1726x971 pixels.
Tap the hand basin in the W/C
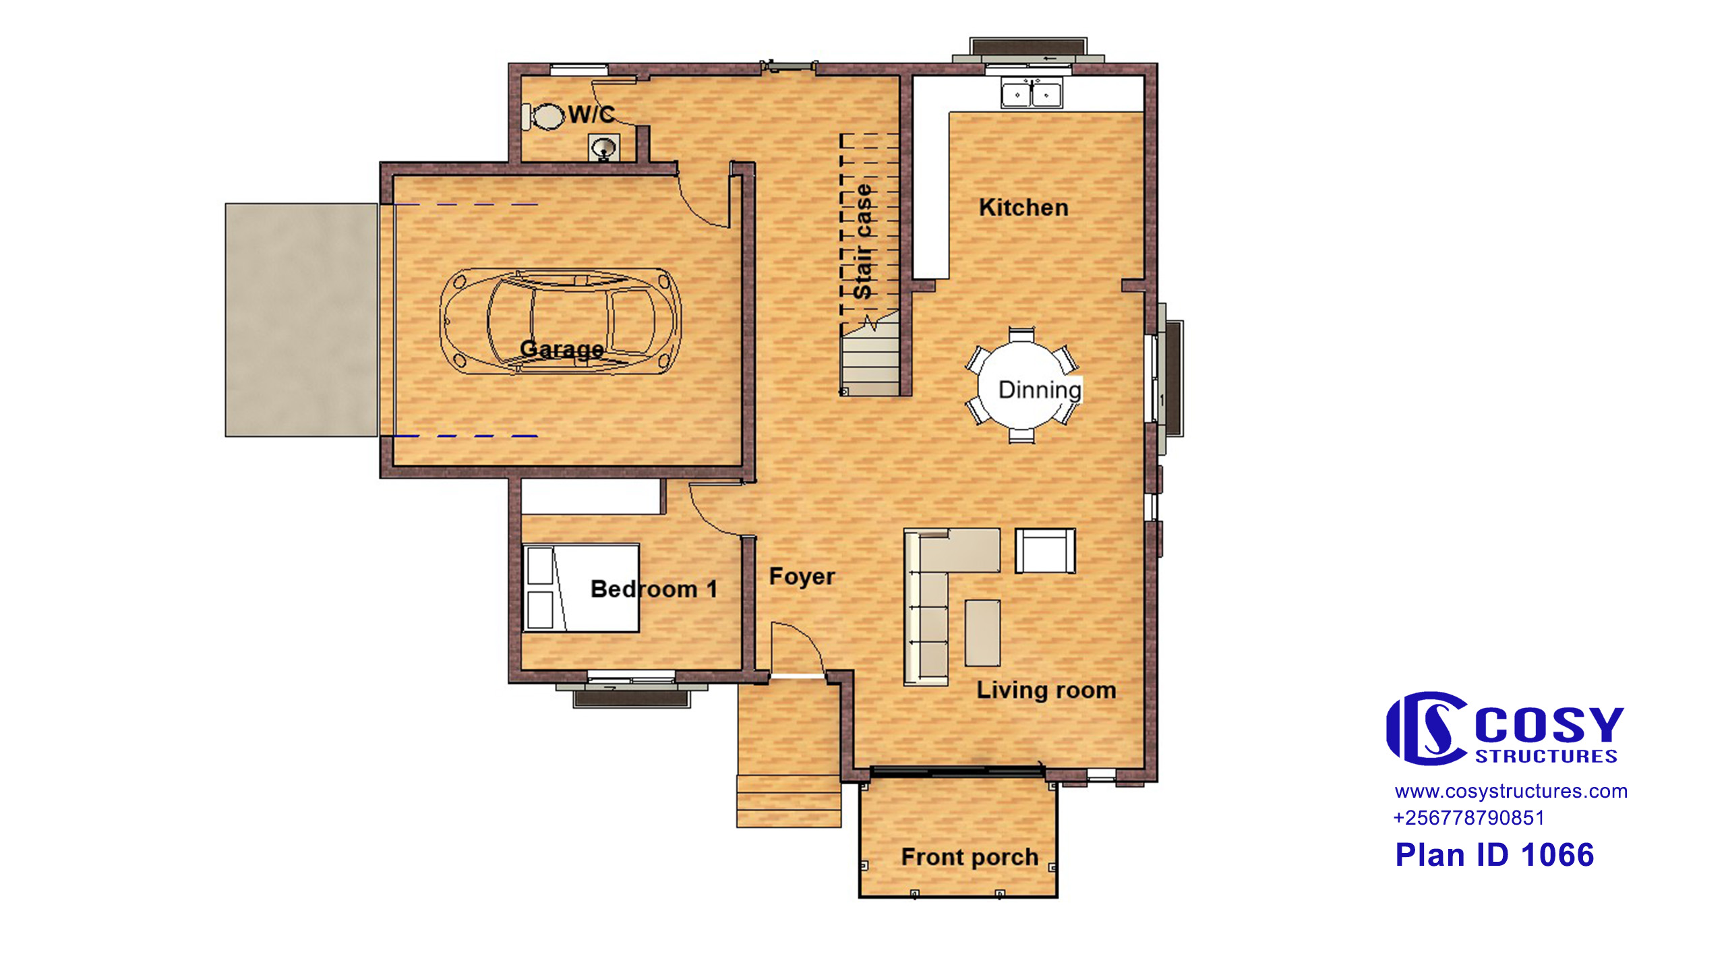(x=604, y=147)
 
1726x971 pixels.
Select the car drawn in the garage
(x=560, y=322)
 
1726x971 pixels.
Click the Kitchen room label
(x=1023, y=208)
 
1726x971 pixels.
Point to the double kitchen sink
(x=1031, y=93)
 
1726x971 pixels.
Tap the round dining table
(x=1022, y=386)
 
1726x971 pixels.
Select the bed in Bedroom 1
(x=581, y=588)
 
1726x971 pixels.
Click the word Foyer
(x=802, y=577)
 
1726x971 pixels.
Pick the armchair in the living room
(x=1045, y=551)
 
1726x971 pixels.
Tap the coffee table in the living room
(x=982, y=633)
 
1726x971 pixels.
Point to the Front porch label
(x=970, y=857)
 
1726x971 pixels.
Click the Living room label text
(x=1046, y=690)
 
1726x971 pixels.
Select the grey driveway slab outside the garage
(x=301, y=320)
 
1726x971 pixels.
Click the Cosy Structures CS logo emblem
(x=1427, y=728)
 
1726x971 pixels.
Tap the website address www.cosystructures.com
(x=1511, y=791)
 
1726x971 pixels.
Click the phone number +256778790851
(x=1468, y=818)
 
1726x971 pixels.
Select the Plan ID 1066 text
(x=1494, y=855)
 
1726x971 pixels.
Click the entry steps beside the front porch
(x=789, y=801)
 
